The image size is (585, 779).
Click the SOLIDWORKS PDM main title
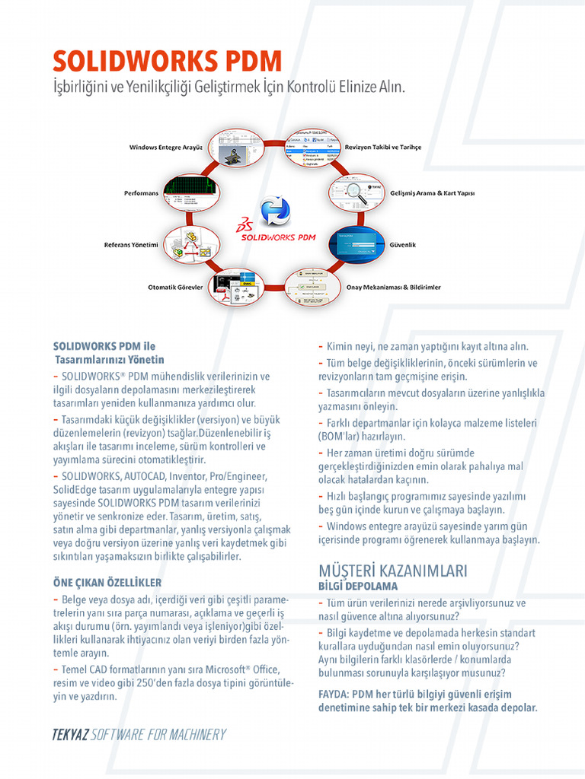[x=167, y=61]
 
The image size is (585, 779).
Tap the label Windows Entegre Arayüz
[x=165, y=147]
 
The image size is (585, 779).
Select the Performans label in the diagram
[x=141, y=193]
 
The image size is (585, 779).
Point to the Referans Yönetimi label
[x=130, y=245]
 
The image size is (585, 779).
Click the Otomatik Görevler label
[x=175, y=288]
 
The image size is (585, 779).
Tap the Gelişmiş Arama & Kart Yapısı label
[x=432, y=193]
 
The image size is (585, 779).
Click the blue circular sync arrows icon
[x=274, y=211]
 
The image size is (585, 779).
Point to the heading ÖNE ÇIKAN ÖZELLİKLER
[x=107, y=583]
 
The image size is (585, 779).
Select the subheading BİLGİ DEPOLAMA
[x=358, y=587]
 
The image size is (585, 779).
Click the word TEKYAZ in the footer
[x=70, y=735]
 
